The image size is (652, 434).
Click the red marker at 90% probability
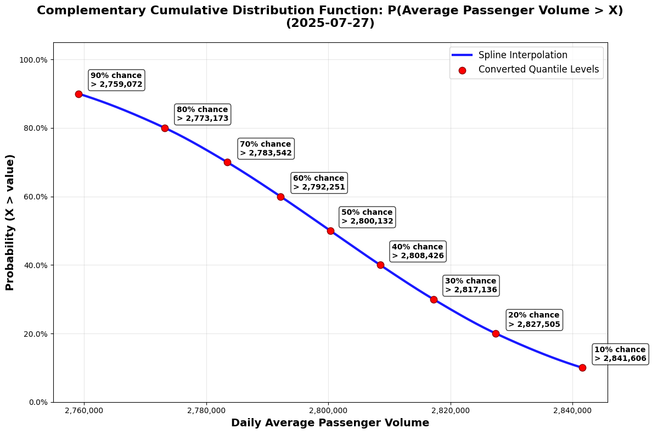78,94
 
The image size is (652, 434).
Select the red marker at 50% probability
330,231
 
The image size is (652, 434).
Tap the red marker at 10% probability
582,368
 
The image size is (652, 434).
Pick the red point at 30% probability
434,299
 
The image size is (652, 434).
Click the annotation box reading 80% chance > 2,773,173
202,114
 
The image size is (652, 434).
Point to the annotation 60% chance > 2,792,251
319,183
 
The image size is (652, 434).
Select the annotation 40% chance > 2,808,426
417,251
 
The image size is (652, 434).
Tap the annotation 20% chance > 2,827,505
534,320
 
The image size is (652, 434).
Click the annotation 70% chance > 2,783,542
266,149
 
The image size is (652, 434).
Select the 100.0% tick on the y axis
35,60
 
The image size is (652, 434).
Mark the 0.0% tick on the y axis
38,402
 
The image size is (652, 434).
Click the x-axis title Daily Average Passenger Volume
330,423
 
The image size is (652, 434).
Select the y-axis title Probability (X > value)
10,222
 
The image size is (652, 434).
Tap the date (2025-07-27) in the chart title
330,24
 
